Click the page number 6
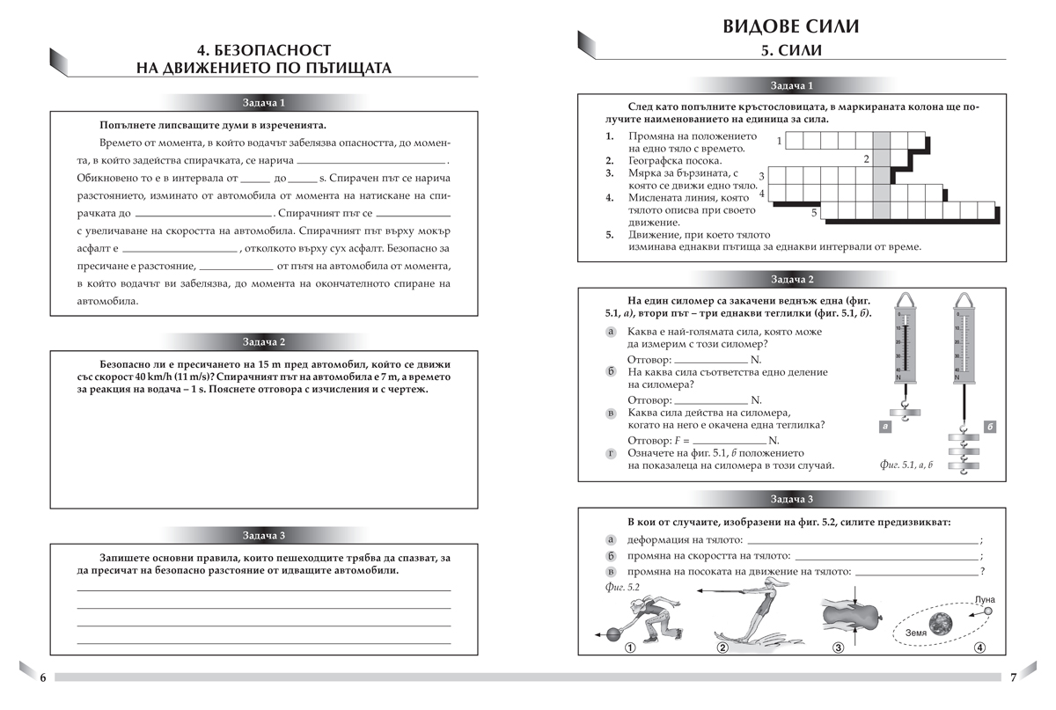[x=42, y=677]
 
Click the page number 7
[x=1013, y=677]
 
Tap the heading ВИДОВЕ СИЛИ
[x=790, y=26]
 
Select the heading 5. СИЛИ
[x=791, y=52]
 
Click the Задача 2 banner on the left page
[x=264, y=341]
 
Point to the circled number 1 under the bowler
[x=629, y=649]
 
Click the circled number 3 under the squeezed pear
[x=838, y=649]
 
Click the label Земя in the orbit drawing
[x=916, y=633]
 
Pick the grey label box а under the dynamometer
[x=884, y=427]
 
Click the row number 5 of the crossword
[x=814, y=213]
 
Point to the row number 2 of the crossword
[x=866, y=159]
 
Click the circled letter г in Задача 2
[x=611, y=452]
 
